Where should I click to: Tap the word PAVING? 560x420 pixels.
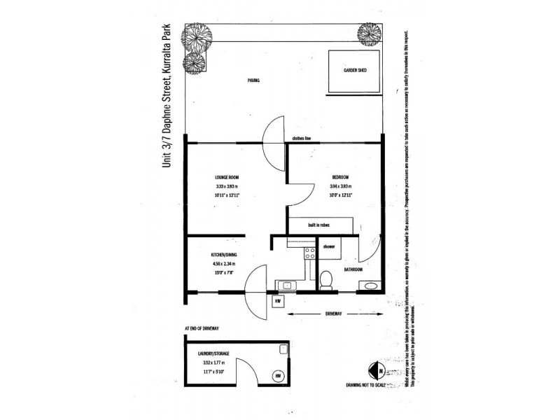point(253,80)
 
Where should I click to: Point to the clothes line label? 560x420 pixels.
point(302,139)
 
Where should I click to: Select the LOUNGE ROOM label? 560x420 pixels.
point(227,176)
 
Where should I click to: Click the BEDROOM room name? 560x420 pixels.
point(339,176)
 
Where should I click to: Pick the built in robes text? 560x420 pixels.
point(319,225)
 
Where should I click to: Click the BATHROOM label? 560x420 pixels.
point(352,269)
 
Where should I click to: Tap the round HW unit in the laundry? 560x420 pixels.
point(279,375)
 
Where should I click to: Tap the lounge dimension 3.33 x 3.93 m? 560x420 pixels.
point(227,186)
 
